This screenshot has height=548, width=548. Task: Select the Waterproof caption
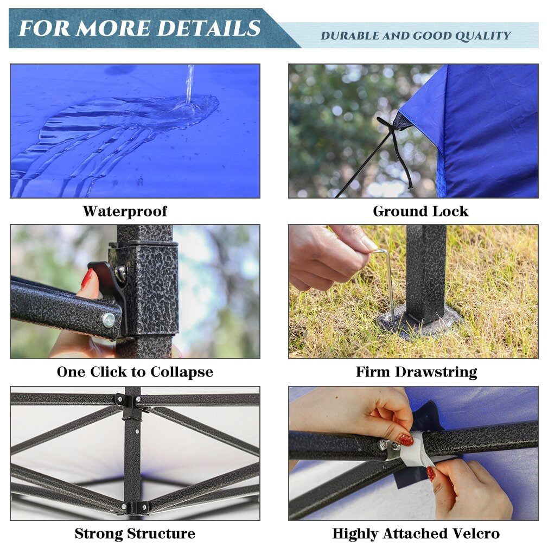click(x=125, y=211)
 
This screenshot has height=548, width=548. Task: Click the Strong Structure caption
click(x=135, y=533)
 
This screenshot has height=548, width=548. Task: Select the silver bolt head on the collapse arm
click(x=109, y=320)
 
